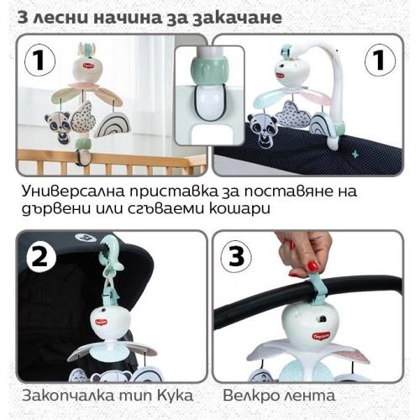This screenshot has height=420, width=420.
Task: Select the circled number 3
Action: point(236,257)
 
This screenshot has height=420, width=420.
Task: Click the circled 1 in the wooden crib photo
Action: point(39,60)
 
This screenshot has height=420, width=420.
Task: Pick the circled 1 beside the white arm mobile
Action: point(380,60)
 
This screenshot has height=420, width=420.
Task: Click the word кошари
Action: point(239,209)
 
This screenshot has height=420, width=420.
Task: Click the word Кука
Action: point(176,396)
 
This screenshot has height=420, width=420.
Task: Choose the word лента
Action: point(310,396)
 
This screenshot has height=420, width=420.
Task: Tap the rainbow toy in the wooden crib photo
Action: point(113,125)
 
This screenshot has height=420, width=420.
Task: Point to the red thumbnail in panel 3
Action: point(312,265)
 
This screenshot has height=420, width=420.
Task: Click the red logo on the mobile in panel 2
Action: point(100,323)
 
